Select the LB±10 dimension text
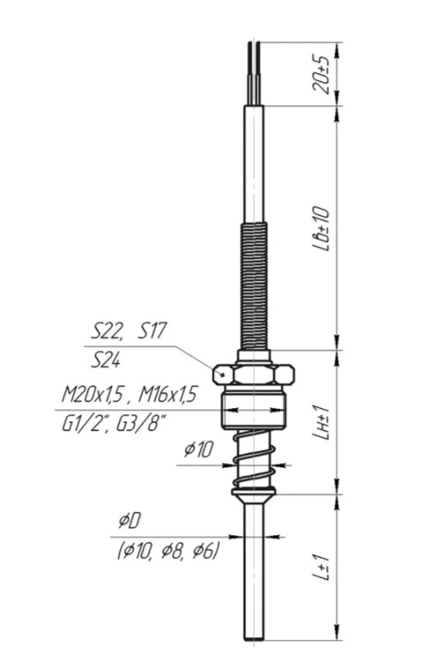(321, 228)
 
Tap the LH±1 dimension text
(322, 423)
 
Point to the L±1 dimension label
(322, 567)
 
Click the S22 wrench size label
(107, 331)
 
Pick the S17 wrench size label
(152, 331)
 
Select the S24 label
(106, 360)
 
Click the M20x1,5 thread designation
(94, 394)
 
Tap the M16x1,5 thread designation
(167, 394)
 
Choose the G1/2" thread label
(86, 425)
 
